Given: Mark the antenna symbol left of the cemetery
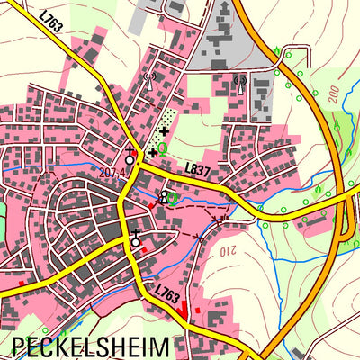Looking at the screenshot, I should tap(149, 77).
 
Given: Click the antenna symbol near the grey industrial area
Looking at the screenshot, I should tap(239, 85).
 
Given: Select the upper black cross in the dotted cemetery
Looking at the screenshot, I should tap(163, 131).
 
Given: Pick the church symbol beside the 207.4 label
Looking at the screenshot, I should tap(130, 157).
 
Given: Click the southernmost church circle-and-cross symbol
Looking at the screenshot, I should tap(135, 239).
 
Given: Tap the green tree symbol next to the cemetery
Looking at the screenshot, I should tap(162, 146).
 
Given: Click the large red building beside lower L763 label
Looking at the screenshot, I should tap(185, 307).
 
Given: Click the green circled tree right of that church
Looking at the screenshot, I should tap(174, 198).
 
